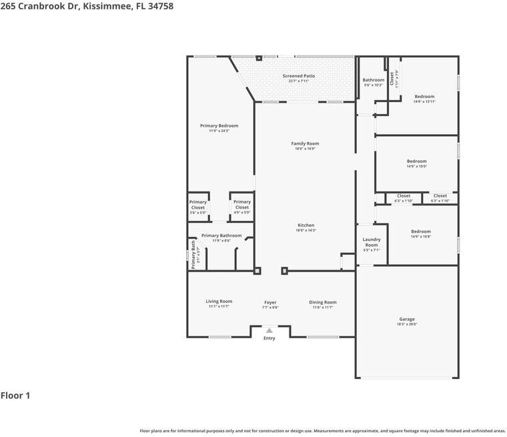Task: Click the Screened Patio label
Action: tap(298, 76)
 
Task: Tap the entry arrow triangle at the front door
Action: tap(269, 330)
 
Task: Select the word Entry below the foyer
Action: tap(269, 338)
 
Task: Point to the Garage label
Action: tap(407, 319)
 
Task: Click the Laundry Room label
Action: tap(372, 242)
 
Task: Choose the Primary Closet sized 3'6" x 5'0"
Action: tap(197, 205)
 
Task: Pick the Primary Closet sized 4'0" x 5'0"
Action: tap(242, 205)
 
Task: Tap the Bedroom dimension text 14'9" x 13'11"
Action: tap(424, 102)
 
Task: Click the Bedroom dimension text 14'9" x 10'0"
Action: tap(417, 167)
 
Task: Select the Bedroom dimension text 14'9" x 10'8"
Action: tap(420, 237)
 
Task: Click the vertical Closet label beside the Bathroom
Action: tap(392, 79)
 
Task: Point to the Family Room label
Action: tap(305, 143)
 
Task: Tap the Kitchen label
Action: tap(306, 225)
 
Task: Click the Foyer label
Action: tap(270, 302)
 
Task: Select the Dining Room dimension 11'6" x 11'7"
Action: tap(323, 308)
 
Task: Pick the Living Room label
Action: tap(219, 302)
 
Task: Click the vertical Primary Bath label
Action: tap(193, 254)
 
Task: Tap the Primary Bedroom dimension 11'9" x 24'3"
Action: tap(219, 131)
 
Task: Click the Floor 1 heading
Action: tap(15, 396)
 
